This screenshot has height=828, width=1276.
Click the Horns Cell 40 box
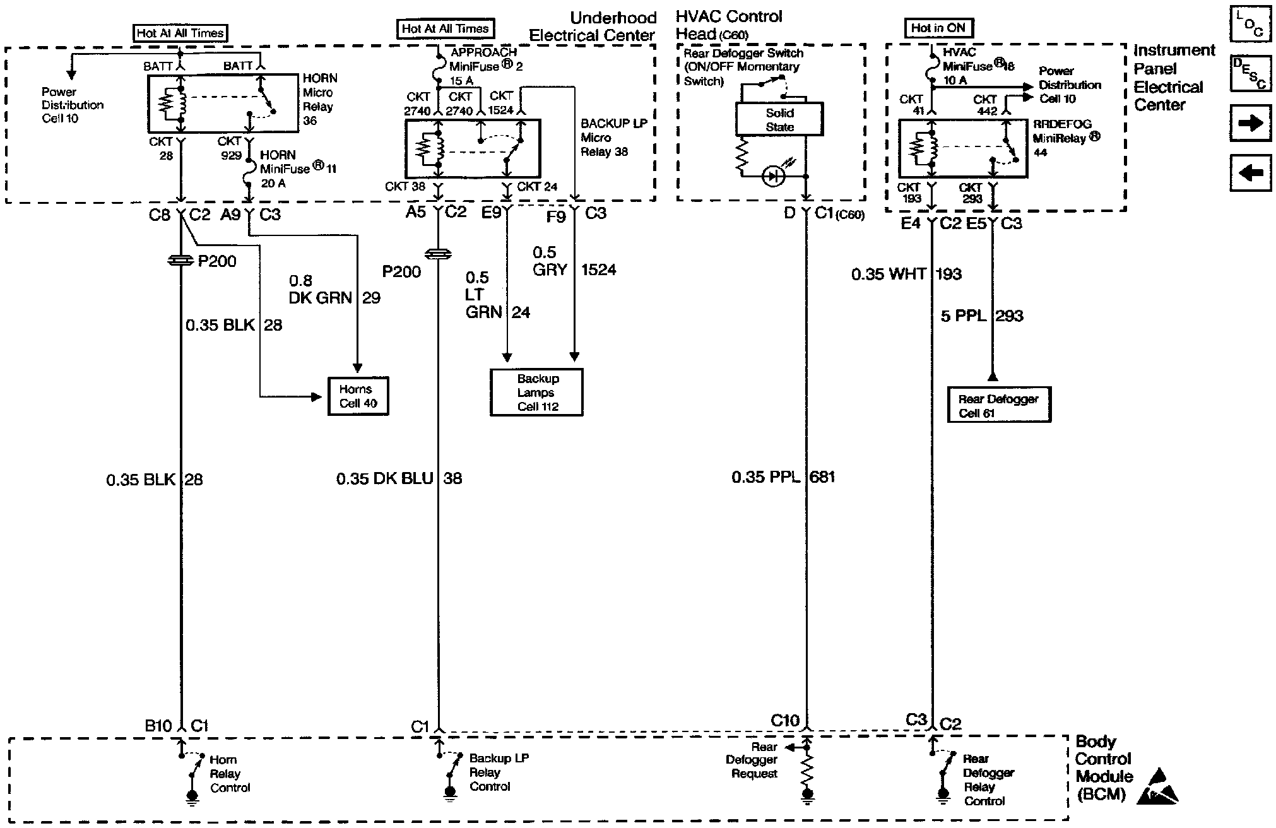358,396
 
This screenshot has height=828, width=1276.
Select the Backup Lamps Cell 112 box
537,393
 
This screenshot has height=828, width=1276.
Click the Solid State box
779,120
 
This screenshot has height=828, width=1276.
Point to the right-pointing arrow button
1250,123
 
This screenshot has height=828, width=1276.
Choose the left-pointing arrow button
1250,173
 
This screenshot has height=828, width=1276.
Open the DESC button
1250,74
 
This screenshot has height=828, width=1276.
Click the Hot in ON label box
938,28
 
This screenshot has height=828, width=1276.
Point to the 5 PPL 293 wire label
982,316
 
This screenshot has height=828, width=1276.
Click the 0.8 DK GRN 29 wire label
334,290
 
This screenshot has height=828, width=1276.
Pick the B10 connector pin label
158,726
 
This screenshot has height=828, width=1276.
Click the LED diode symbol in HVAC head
773,176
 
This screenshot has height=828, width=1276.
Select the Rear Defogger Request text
752,760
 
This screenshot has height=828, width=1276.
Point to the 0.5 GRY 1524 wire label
573,261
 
